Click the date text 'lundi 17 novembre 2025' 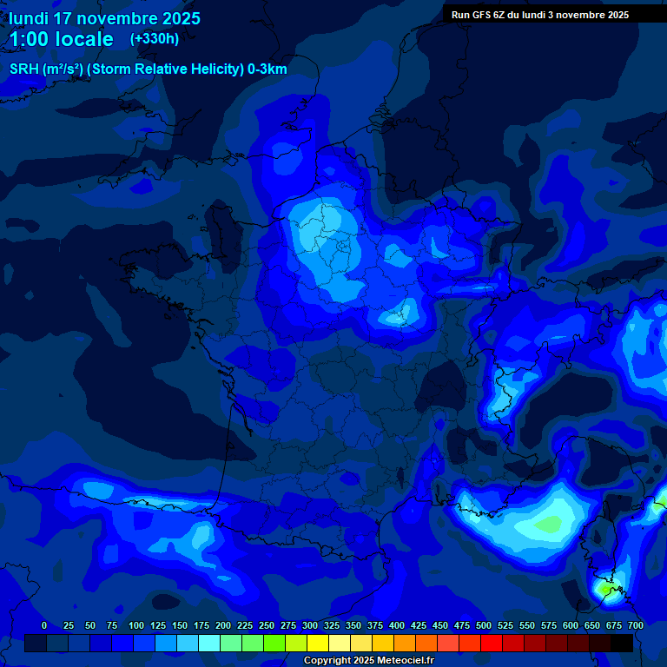pyautogui.click(x=104, y=18)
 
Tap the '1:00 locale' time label pyautogui.click(x=61, y=39)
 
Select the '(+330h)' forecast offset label pyautogui.click(x=155, y=39)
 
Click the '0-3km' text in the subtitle pyautogui.click(x=267, y=69)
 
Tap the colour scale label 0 pyautogui.click(x=43, y=625)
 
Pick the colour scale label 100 pyautogui.click(x=136, y=625)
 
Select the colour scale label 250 pyautogui.click(x=267, y=625)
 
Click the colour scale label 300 pyautogui.click(x=310, y=625)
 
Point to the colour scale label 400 pyautogui.click(x=397, y=625)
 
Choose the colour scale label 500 pyautogui.click(x=484, y=625)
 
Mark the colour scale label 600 pyautogui.click(x=571, y=625)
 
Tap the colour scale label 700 pyautogui.click(x=636, y=625)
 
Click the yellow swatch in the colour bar pyautogui.click(x=318, y=643)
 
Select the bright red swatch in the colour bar pyautogui.click(x=492, y=643)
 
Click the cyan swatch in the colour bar pyautogui.click(x=209, y=643)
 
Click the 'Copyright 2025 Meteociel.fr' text pyautogui.click(x=368, y=661)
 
